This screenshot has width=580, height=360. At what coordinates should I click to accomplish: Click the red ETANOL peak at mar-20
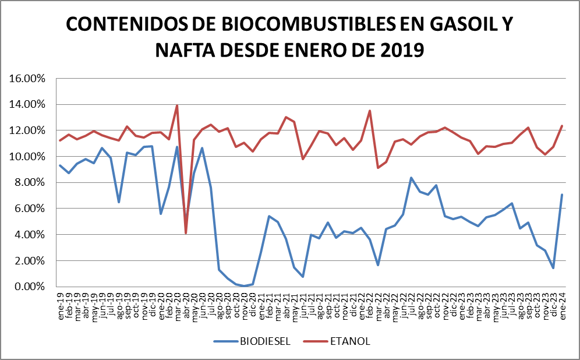point(177,106)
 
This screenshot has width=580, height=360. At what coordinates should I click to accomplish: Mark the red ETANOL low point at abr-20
point(186,233)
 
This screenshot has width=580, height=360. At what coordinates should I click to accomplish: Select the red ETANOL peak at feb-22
point(370,111)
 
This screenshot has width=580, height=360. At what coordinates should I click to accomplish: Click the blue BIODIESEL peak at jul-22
point(412,178)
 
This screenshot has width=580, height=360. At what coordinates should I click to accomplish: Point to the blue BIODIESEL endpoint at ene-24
point(562,195)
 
